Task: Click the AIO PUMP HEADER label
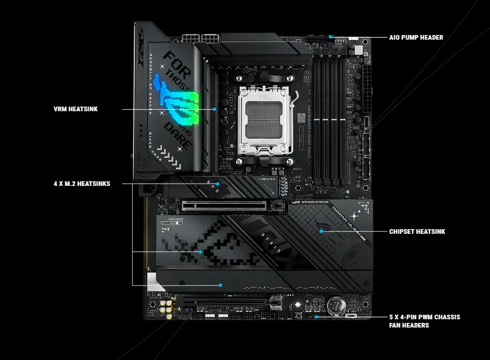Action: click(416, 37)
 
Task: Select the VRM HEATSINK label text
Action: click(76, 109)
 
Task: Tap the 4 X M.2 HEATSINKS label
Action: click(81, 183)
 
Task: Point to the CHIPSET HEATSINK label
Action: click(417, 232)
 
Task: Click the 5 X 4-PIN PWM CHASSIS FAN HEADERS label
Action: click(425, 321)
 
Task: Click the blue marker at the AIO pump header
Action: click(330, 37)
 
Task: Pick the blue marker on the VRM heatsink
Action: click(214, 109)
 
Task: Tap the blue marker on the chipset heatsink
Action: click(321, 232)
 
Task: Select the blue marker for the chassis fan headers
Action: click(316, 317)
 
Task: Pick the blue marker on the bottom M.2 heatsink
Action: click(220, 284)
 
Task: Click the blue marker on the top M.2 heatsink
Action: click(218, 183)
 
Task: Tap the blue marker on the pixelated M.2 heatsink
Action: click(201, 252)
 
